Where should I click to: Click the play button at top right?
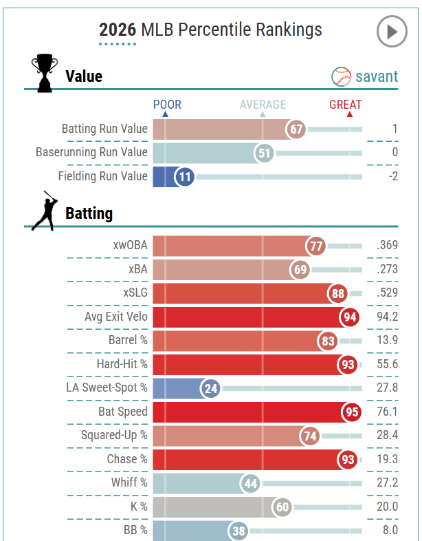[x=392, y=32]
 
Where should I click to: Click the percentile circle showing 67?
[x=296, y=129]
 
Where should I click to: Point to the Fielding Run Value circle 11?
[x=184, y=176]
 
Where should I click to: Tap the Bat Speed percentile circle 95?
[x=351, y=412]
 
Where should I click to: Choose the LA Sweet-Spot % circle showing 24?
[x=211, y=388]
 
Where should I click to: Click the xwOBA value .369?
[x=387, y=246]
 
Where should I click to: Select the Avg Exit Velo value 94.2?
[x=387, y=317]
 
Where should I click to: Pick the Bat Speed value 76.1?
[x=387, y=412]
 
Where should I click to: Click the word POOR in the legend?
[x=167, y=105]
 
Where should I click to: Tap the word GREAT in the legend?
[x=345, y=105]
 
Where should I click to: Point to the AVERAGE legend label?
[x=263, y=105]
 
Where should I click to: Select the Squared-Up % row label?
[x=114, y=436]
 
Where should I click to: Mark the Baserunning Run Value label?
[x=91, y=152]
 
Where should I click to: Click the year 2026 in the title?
[x=118, y=30]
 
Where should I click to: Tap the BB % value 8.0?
[x=389, y=531]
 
